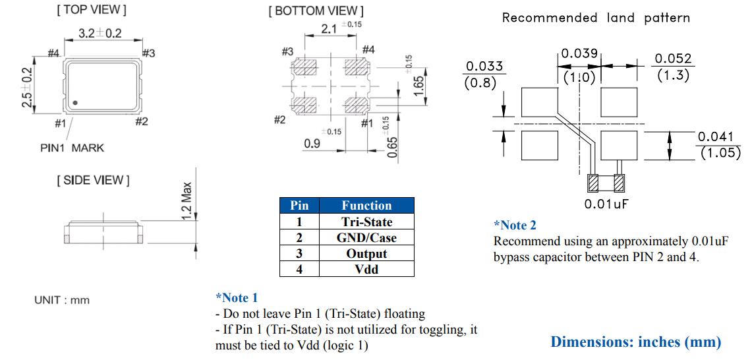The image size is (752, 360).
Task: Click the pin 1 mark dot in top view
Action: [76, 102]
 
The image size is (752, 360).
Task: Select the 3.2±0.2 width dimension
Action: [100, 34]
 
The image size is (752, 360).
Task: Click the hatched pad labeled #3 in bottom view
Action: [305, 68]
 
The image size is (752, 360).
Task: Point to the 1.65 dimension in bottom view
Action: [418, 86]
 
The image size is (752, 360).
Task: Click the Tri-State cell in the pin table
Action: [366, 222]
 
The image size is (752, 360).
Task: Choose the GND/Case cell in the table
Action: [366, 237]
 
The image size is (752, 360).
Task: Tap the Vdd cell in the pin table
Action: [366, 269]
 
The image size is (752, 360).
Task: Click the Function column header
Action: [366, 206]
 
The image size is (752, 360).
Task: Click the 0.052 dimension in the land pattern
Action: [673, 60]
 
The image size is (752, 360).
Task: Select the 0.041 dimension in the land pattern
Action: [715, 136]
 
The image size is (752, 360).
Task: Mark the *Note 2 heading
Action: [515, 225]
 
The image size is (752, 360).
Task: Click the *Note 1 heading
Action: [237, 298]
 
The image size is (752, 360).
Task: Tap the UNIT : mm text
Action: [62, 300]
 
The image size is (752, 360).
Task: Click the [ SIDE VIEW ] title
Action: [93, 180]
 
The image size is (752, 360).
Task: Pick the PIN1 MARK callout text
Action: [72, 148]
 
